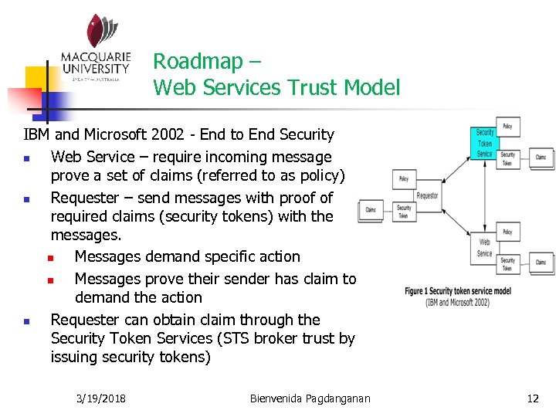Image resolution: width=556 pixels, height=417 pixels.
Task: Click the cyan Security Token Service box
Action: (484, 143)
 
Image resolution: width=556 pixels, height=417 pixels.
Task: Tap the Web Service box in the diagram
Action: (484, 247)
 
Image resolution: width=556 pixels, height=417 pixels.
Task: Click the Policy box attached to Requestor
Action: (404, 178)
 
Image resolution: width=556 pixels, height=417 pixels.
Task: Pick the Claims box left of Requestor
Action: (371, 209)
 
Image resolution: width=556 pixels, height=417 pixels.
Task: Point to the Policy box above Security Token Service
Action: (507, 125)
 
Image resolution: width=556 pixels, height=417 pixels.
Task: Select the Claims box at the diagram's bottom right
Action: (541, 263)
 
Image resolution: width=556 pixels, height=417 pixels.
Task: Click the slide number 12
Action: (533, 398)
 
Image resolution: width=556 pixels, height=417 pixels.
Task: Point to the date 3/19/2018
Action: (102, 398)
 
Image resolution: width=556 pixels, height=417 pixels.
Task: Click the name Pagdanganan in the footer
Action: (337, 398)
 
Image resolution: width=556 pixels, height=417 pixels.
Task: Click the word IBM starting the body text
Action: (37, 135)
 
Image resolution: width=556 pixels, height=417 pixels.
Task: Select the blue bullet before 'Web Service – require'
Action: (26, 158)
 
